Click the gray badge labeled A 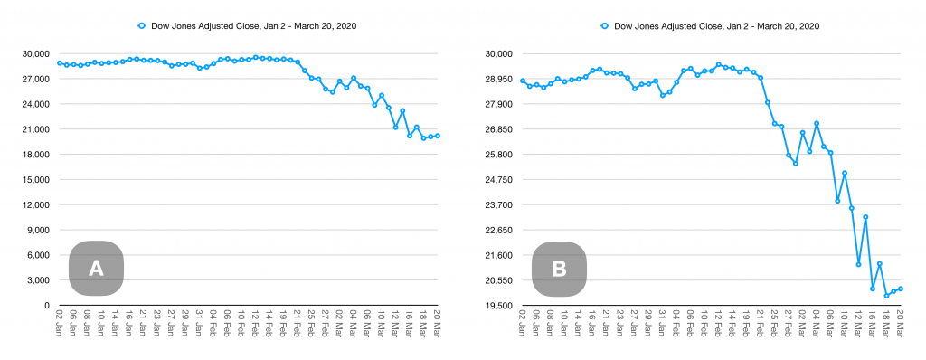tap(96, 268)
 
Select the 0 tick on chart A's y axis tap(45, 305)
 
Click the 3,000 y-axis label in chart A tap(37, 279)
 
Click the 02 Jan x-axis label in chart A tap(60, 323)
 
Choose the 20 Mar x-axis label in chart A tap(438, 323)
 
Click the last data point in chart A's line tap(438, 136)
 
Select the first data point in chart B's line tap(523, 81)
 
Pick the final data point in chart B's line tap(901, 289)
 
